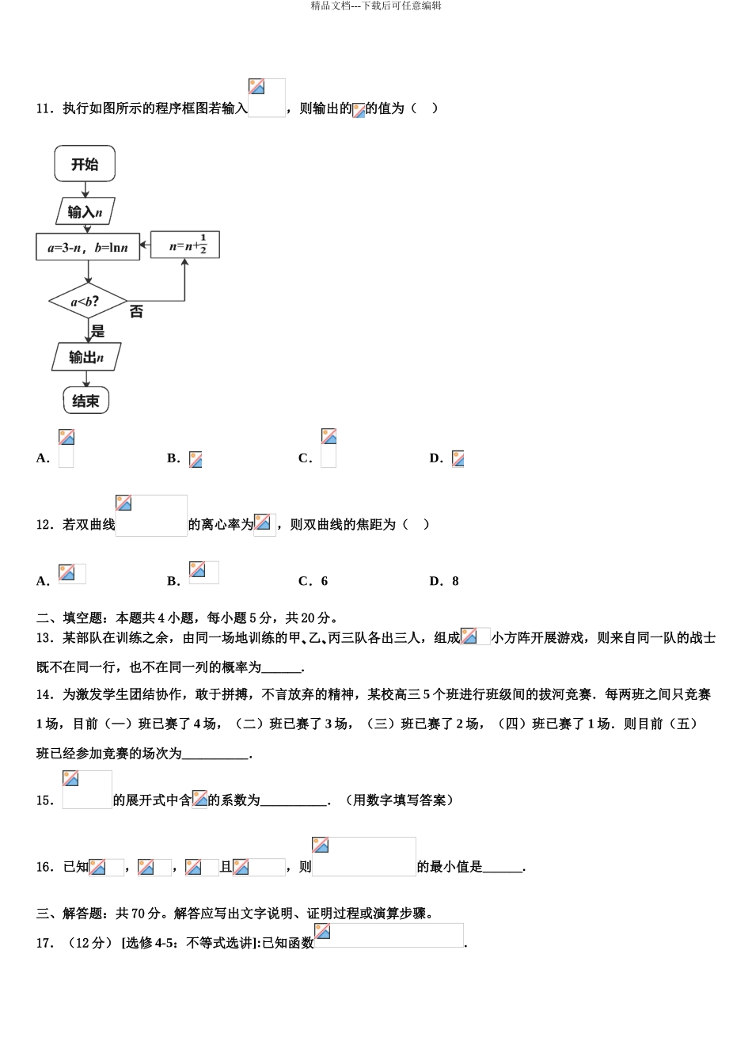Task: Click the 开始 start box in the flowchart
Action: (85, 165)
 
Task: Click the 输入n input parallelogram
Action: (85, 211)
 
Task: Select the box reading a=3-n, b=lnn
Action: (87, 247)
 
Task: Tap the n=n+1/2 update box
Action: (184, 245)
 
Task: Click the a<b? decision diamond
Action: (87, 302)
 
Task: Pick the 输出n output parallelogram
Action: (86, 357)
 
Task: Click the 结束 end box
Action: (85, 401)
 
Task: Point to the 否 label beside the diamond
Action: (136, 312)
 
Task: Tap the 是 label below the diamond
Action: (98, 332)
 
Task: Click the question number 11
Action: (44, 109)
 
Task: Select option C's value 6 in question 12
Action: (324, 581)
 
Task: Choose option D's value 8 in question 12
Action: (455, 581)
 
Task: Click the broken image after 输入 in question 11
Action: (267, 98)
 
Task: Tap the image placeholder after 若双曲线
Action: (151, 515)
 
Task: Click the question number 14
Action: (44, 695)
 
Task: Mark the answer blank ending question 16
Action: (503, 868)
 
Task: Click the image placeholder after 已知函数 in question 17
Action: (389, 935)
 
